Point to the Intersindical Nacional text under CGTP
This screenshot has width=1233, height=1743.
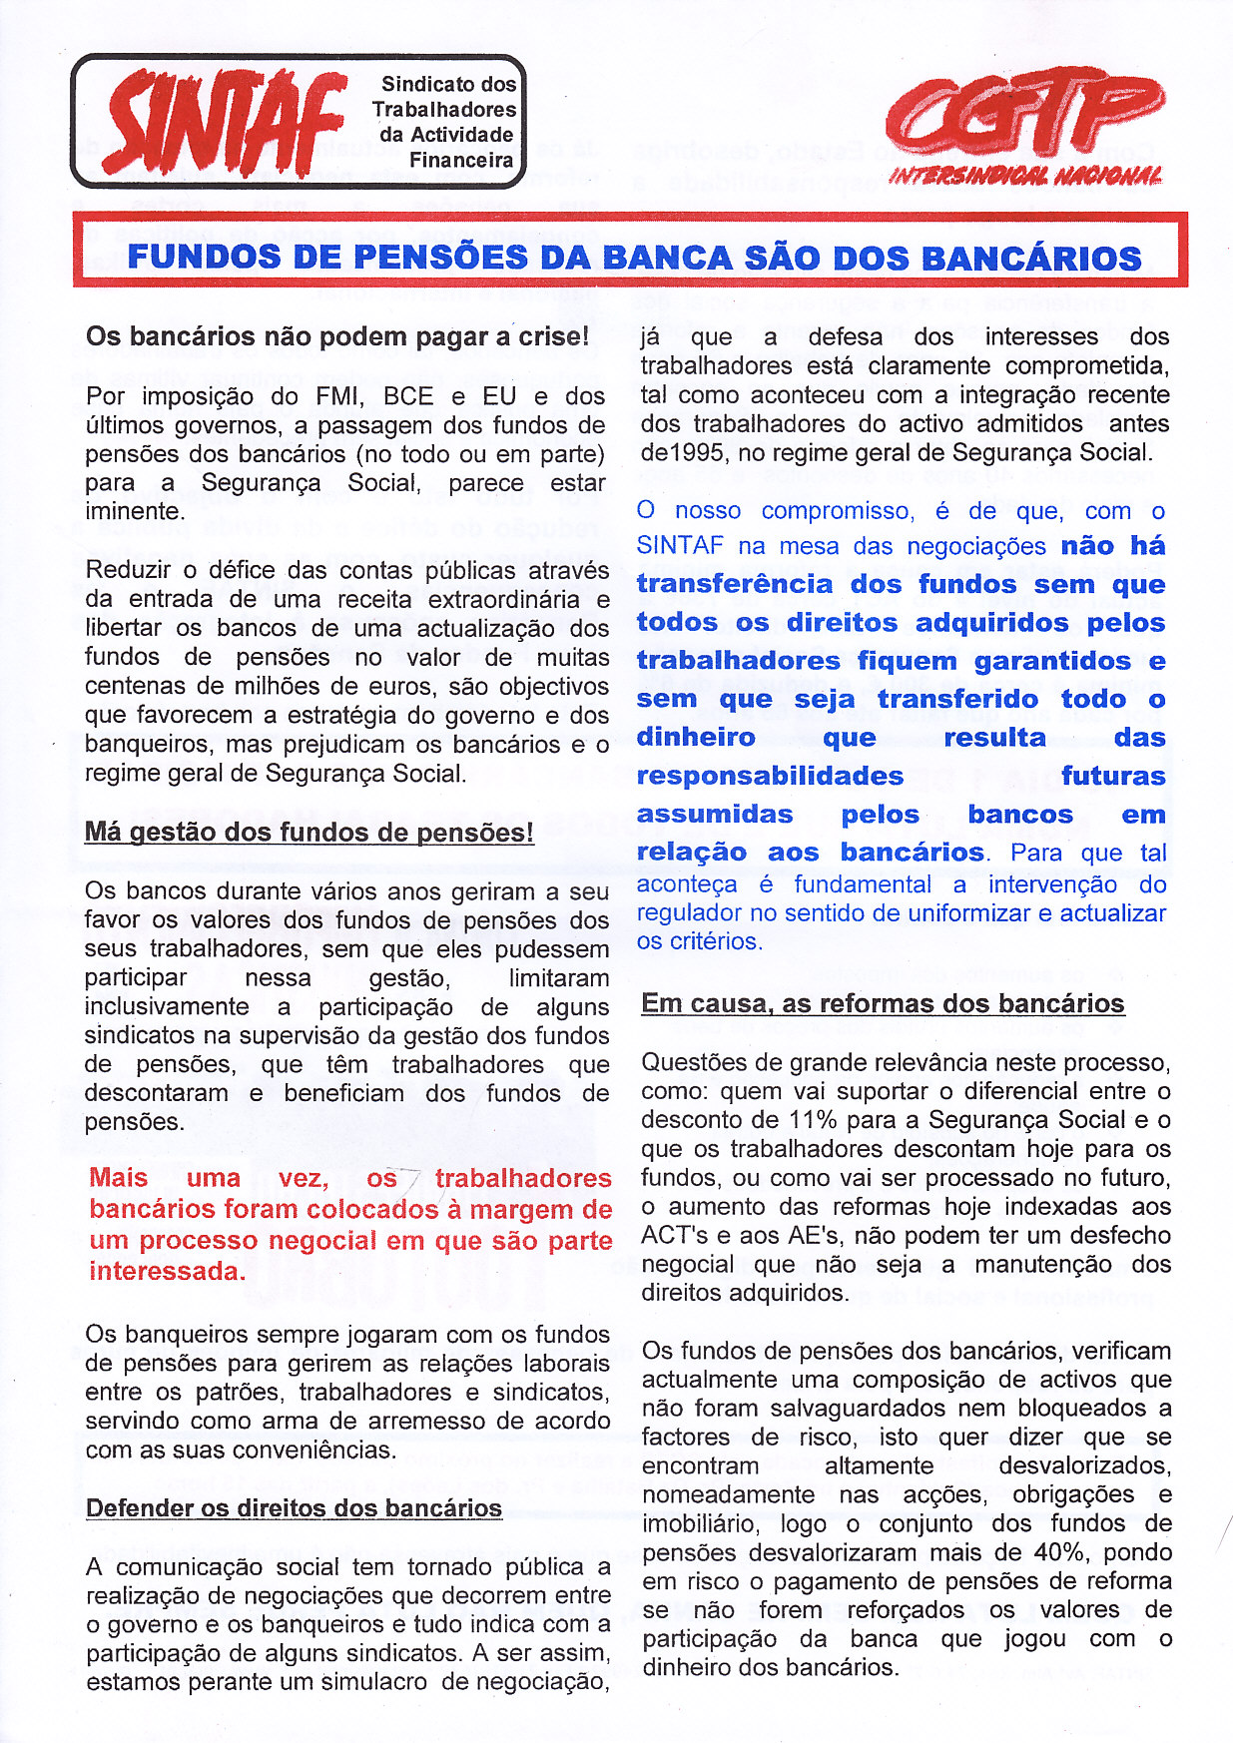point(1025,177)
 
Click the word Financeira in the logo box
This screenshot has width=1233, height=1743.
point(461,160)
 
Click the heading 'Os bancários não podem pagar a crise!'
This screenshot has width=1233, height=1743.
point(337,336)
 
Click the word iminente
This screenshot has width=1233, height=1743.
point(134,512)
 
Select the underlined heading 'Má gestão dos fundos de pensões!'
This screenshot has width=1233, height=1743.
point(309,833)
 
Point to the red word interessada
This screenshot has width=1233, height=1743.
point(167,1271)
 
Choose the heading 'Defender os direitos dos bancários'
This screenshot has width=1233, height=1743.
point(294,1508)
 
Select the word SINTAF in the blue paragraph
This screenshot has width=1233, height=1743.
point(680,546)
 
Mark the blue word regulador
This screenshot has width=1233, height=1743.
point(685,913)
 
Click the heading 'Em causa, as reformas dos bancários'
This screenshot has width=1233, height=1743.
point(883,1003)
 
